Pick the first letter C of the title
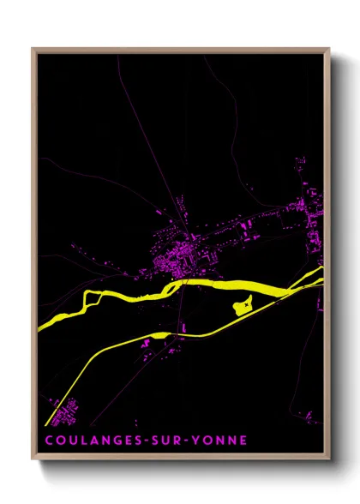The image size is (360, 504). click(x=48, y=440)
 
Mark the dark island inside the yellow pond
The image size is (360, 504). click(x=245, y=302)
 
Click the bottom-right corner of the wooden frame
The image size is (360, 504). click(x=328, y=460)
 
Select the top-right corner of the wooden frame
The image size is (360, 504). click(x=328, y=50)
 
